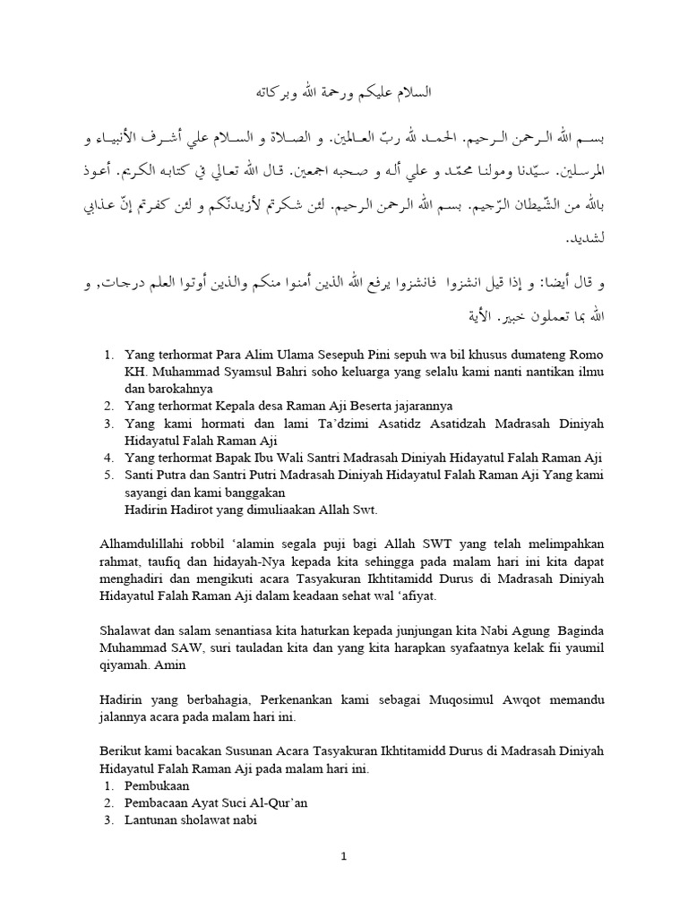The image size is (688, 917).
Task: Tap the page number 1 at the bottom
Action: pos(344,856)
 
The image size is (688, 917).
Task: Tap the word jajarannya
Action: pos(422,406)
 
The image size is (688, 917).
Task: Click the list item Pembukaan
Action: pos(158,785)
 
